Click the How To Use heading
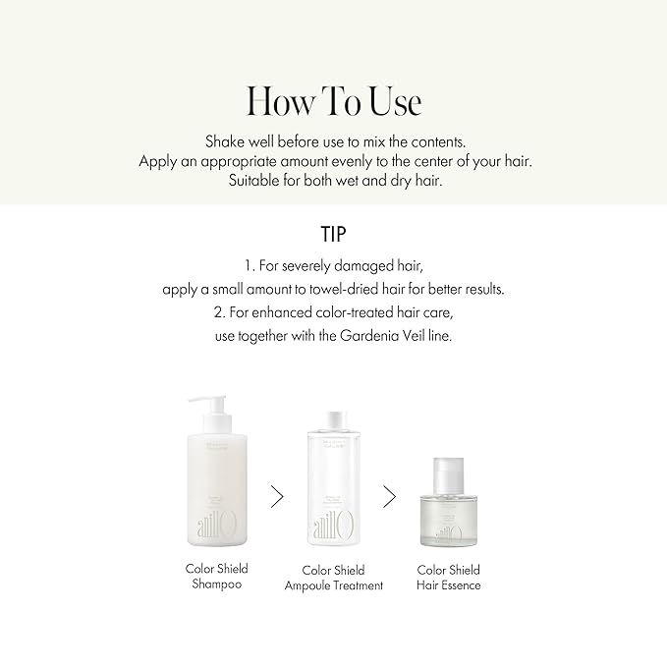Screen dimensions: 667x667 coord(333,101)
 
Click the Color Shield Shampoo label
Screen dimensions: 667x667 coord(217,576)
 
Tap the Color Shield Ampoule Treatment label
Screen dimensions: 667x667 coord(334,578)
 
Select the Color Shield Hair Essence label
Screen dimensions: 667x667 coord(449,578)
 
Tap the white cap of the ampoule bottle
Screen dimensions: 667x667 coord(334,419)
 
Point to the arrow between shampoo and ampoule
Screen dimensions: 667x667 coord(277,496)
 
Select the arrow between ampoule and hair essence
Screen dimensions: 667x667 coord(390,496)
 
